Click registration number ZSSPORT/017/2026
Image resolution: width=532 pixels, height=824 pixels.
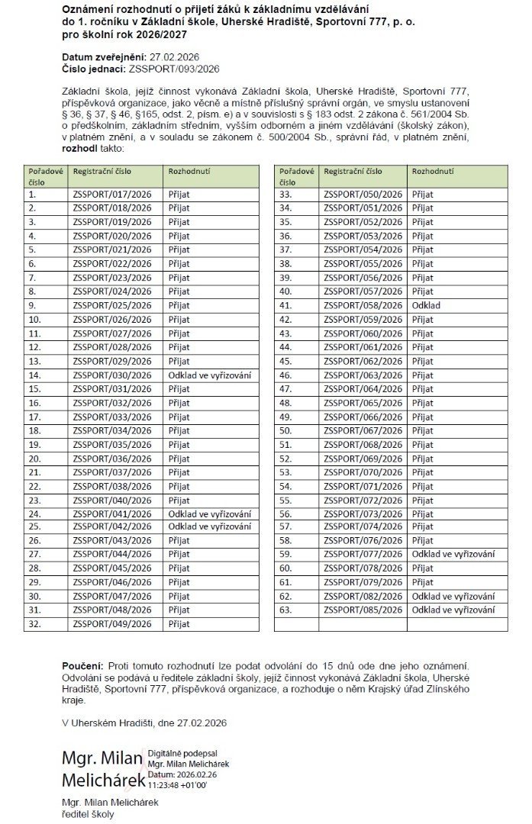pyautogui.click(x=112, y=195)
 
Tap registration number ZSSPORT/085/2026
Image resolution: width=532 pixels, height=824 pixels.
pyautogui.click(x=363, y=610)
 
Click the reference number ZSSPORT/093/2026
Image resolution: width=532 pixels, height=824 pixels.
pyautogui.click(x=175, y=67)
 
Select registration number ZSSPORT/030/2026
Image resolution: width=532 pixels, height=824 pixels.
pyautogui.click(x=112, y=375)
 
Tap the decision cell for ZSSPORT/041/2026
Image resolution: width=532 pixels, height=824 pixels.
pyautogui.click(x=209, y=513)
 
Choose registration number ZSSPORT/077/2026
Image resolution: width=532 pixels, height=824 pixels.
pyautogui.click(x=363, y=554)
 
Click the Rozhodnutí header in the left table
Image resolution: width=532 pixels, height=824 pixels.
pyautogui.click(x=190, y=172)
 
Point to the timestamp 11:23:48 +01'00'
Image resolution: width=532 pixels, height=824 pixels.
pyautogui.click(x=177, y=784)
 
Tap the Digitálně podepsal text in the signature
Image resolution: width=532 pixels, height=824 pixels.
pyautogui.click(x=185, y=752)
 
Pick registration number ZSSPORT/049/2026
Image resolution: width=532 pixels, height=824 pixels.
pyautogui.click(x=112, y=623)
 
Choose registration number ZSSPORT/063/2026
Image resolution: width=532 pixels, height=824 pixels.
pyautogui.click(x=363, y=375)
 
